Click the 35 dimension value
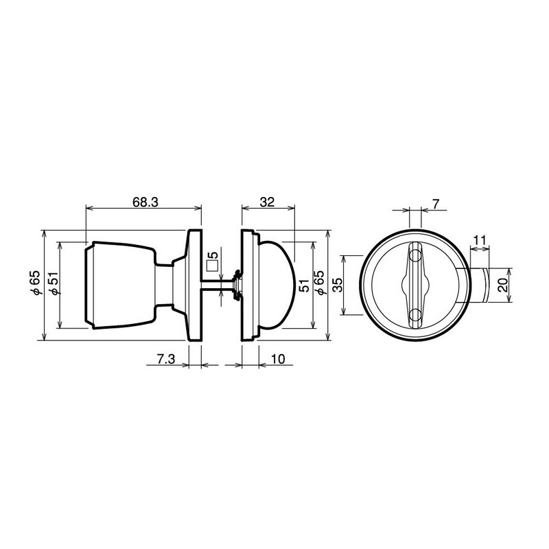coord(336,285)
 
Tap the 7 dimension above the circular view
coord(436,204)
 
